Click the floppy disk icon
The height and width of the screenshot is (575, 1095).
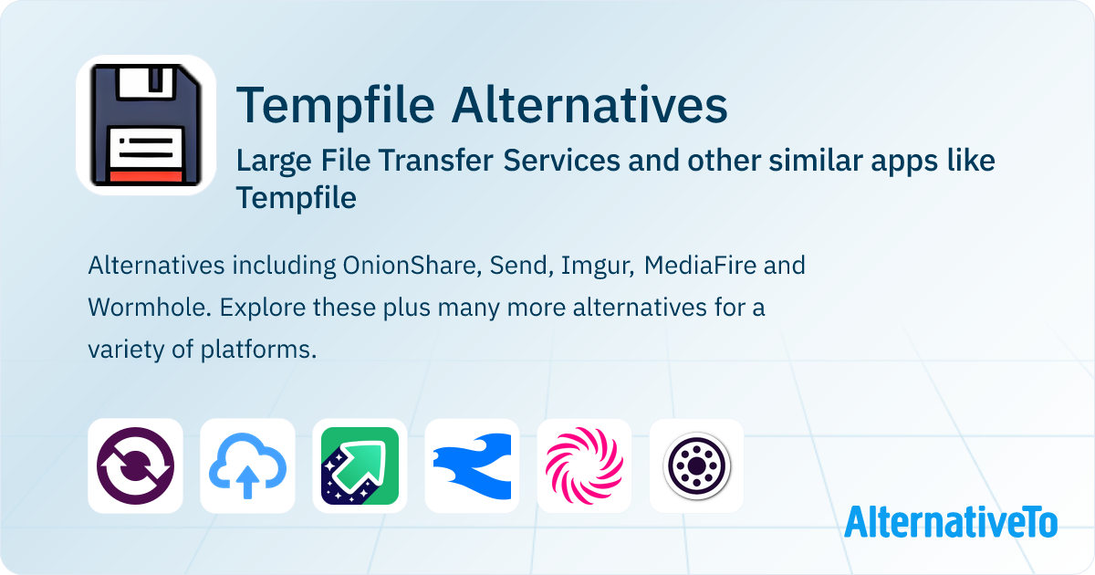(x=146, y=125)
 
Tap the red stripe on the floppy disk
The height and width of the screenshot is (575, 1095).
(x=146, y=176)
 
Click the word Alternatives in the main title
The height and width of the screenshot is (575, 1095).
(x=589, y=105)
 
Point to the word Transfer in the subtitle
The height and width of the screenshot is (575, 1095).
(x=435, y=161)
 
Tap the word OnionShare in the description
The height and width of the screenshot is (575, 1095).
(x=412, y=266)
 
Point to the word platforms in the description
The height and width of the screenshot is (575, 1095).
(x=258, y=350)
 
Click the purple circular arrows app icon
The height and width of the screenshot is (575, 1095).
(x=135, y=465)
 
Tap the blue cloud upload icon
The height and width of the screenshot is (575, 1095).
(x=248, y=466)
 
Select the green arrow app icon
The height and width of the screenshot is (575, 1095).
(x=360, y=465)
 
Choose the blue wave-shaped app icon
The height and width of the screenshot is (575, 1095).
(x=473, y=466)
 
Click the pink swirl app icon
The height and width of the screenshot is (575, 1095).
(x=584, y=465)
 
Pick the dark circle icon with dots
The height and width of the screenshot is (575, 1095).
(x=696, y=466)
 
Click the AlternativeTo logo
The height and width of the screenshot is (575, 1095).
(x=951, y=522)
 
